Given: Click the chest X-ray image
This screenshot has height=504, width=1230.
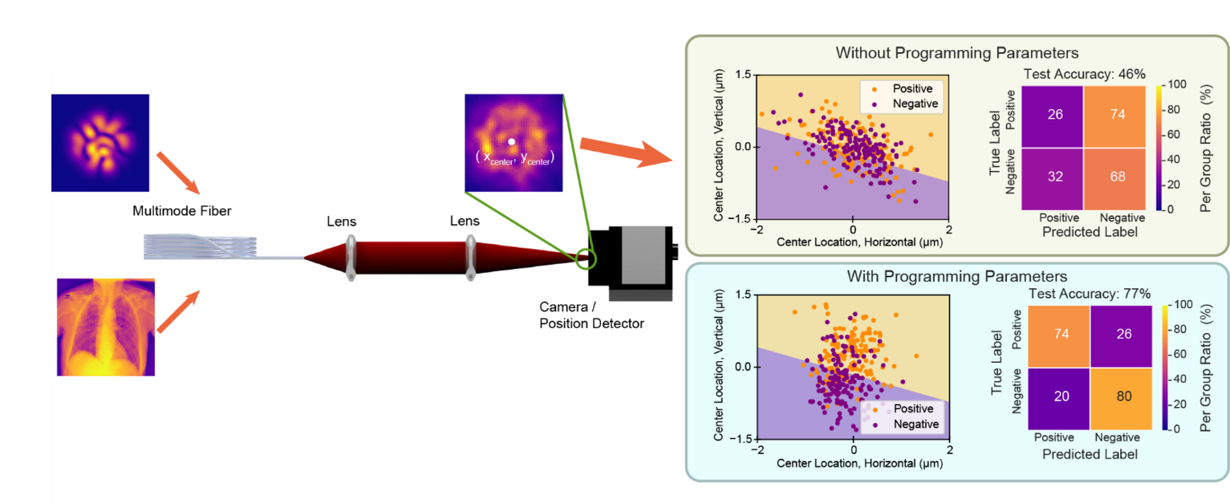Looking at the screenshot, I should [x=106, y=327].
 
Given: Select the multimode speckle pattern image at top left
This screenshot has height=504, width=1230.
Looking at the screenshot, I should [x=100, y=142].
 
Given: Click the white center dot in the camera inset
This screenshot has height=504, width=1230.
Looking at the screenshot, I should [x=511, y=142].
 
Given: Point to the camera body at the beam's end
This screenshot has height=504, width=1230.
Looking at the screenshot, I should [x=633, y=257].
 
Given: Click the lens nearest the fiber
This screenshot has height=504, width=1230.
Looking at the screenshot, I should [x=351, y=258].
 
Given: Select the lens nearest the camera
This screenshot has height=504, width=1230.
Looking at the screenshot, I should [x=470, y=257].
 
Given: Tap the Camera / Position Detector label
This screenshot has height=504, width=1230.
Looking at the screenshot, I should [x=591, y=315].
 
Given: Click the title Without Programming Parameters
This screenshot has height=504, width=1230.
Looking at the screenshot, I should [x=956, y=54].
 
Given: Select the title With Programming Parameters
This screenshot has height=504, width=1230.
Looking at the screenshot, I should [x=956, y=276].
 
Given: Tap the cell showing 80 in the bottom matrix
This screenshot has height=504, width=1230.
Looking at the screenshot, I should [x=1123, y=397].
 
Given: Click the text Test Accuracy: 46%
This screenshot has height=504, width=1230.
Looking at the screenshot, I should [x=1078, y=75].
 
